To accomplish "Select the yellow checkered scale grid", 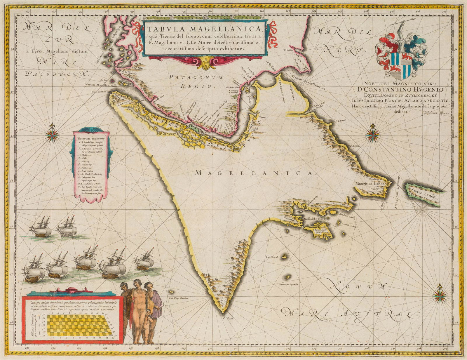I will point(79,326).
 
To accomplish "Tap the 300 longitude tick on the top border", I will point(210,13).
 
